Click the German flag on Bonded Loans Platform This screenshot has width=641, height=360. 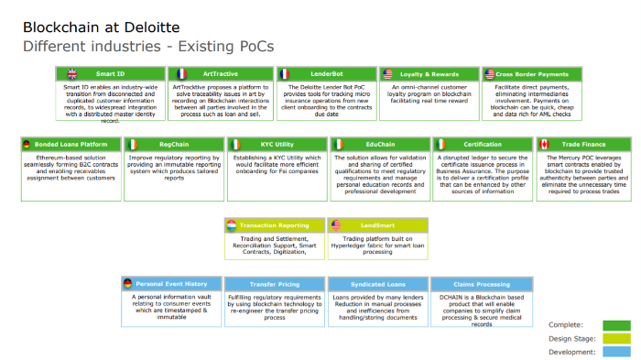coord(27,144)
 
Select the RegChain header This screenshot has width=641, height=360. coord(173,144)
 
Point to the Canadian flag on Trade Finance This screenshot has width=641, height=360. coord(544,144)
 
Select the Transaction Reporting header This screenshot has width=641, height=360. coord(274,224)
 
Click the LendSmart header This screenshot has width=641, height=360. coord(376,224)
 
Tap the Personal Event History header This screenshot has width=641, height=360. coord(170,284)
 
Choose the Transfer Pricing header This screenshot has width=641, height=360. coord(274,284)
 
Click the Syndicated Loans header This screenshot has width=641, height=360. coord(376,284)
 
